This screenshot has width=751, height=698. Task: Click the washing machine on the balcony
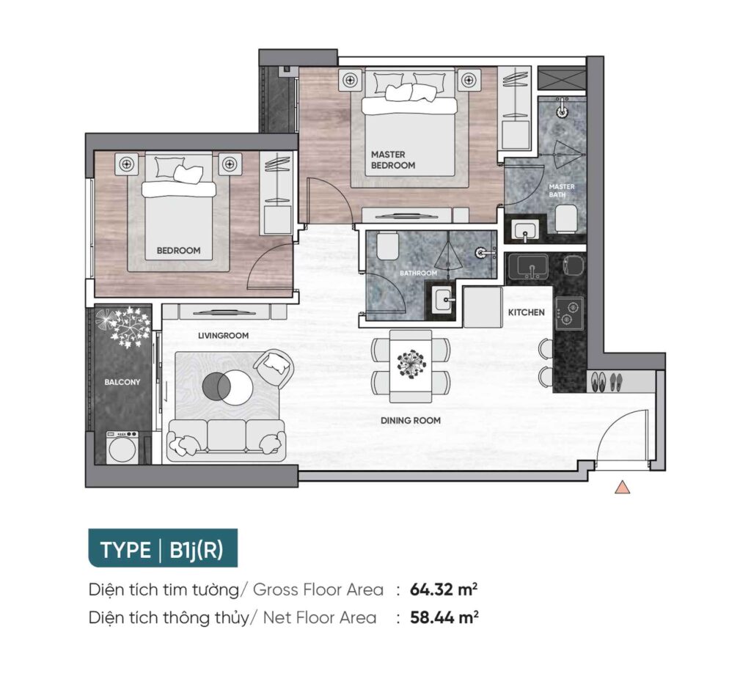(x=122, y=448)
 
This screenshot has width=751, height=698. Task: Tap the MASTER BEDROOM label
(x=393, y=160)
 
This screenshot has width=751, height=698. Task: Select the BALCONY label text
(x=122, y=382)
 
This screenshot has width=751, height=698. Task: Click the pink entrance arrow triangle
(x=622, y=487)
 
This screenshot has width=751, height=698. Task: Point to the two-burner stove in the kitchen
(x=569, y=313)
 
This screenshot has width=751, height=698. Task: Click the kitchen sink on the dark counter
(x=528, y=267)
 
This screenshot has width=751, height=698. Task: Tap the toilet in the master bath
(x=567, y=219)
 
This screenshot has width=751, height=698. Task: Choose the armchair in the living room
(x=273, y=367)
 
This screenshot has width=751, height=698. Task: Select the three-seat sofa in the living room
(x=227, y=438)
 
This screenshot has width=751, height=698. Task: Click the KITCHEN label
(x=526, y=312)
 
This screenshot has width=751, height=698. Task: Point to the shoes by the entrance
(x=607, y=381)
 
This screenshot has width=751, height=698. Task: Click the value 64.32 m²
(x=444, y=589)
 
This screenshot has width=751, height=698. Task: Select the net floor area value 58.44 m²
(x=444, y=617)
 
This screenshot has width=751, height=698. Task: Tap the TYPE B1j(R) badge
(x=163, y=548)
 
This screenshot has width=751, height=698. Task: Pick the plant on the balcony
(x=123, y=326)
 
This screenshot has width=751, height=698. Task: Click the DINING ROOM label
(x=411, y=420)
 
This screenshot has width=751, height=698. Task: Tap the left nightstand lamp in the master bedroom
(x=350, y=80)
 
